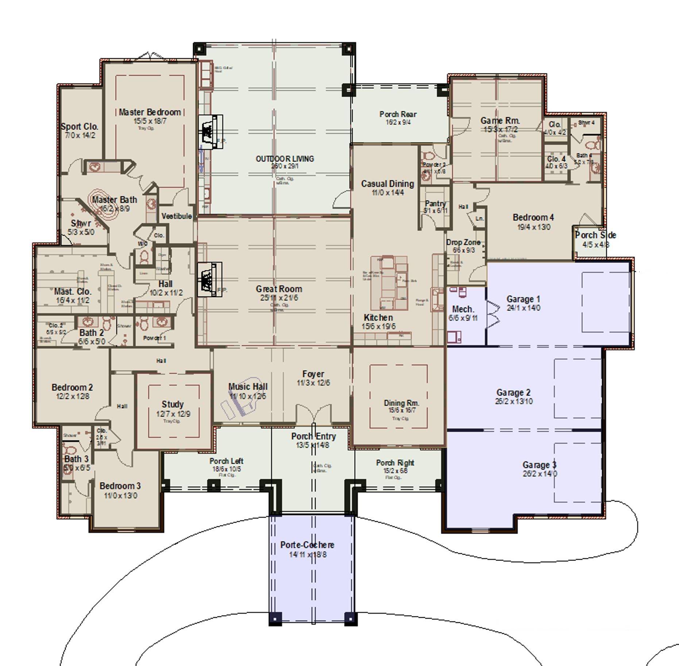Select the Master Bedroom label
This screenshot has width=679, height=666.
coord(150,112)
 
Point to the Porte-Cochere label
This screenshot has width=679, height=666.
coord(307,545)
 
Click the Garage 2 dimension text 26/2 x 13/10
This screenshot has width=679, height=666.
coord(513,401)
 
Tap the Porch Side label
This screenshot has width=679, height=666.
coord(595,235)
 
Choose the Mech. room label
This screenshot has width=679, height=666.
coord(463,309)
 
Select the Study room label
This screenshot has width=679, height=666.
coord(173,404)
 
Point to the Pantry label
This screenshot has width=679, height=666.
coord(435,204)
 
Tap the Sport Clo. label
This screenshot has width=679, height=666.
coord(80,127)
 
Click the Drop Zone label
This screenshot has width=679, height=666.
coord(463,242)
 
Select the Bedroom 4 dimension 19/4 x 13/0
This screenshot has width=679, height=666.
coord(534,227)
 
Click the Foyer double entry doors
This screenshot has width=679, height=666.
coord(313,414)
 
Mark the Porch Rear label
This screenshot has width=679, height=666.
coord(398,114)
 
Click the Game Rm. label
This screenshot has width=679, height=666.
coord(500,120)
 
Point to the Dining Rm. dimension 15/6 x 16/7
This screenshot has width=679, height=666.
coord(402,410)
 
